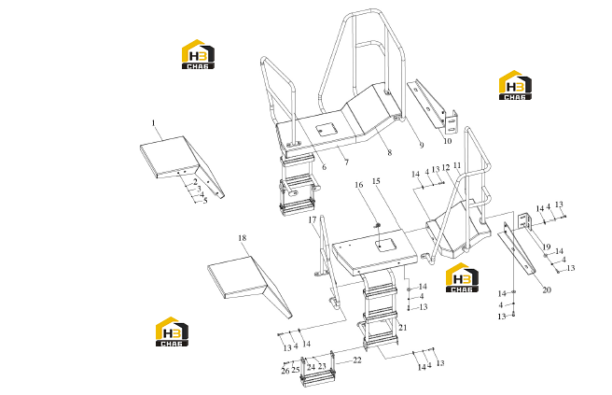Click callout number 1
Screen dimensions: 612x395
(153, 123)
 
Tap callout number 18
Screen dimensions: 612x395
(243, 238)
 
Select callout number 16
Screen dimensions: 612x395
(359, 185)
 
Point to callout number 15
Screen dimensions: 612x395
(376, 181)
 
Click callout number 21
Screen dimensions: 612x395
(403, 328)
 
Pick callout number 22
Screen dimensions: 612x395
(357, 360)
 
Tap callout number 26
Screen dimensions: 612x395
(285, 371)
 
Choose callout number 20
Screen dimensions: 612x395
(547, 289)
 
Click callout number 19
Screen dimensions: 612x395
(547, 247)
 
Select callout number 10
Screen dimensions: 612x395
(447, 141)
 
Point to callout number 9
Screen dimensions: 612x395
(422, 146)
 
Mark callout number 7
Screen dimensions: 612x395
(347, 162)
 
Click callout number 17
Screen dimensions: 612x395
(313, 220)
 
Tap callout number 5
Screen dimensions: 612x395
(205, 201)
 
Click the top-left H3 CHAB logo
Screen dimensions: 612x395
(199, 54)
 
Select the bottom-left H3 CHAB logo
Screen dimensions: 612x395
(172, 332)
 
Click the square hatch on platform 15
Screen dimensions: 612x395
(386, 246)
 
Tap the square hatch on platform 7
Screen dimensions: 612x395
(327, 129)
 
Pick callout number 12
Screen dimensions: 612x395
(446, 167)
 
